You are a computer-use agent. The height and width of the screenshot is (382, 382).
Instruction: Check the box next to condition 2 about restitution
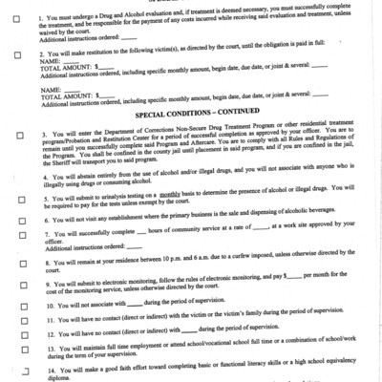(17, 55)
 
